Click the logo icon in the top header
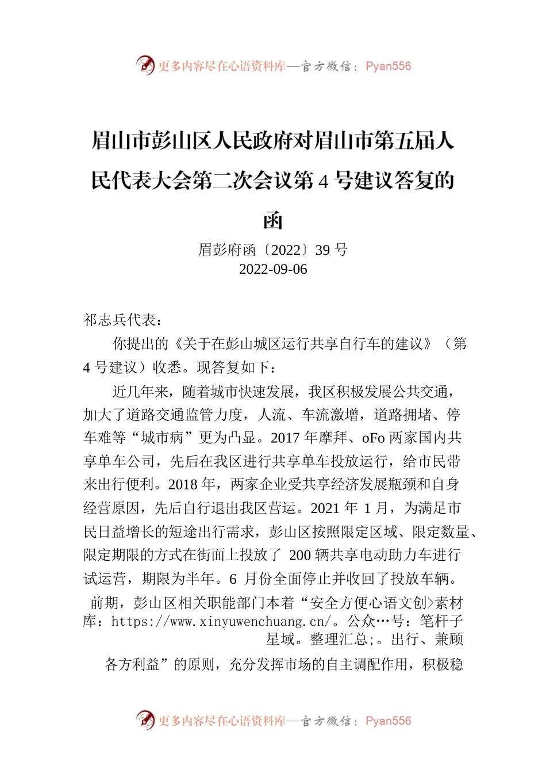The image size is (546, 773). tap(145, 65)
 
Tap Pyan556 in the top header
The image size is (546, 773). tap(389, 66)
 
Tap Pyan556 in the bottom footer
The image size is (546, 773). tap(389, 721)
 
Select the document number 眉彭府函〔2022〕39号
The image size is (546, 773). tap(273, 250)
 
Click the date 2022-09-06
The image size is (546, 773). tap(273, 269)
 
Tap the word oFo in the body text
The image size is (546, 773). tap(373, 438)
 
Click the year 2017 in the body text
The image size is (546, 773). tap(286, 438)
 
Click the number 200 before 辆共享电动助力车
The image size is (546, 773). tap(300, 555)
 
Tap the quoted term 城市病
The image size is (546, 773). tap(163, 438)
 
